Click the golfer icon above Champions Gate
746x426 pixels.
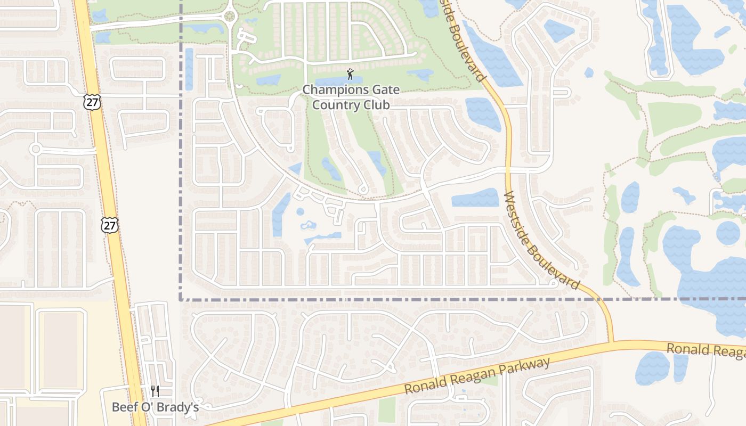pos(350,74)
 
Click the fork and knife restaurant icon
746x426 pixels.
pos(155,392)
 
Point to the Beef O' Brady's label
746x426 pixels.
pos(155,407)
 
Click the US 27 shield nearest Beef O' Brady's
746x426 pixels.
pos(109,225)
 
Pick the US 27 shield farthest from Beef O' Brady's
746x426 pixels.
pos(92,102)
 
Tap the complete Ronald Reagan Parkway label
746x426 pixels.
pos(477,376)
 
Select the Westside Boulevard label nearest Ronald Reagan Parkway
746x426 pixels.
pos(541,241)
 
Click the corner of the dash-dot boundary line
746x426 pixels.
pos(181,299)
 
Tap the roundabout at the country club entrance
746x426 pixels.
pos(230,16)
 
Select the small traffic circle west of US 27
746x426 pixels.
pos(36,149)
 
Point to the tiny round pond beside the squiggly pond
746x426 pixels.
pos(300,211)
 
